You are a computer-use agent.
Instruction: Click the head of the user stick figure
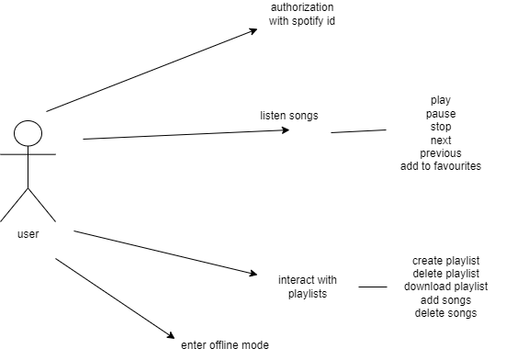pyautogui.click(x=28, y=134)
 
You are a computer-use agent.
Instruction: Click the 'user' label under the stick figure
pyautogui.click(x=28, y=234)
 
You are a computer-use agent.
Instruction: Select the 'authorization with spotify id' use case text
pyautogui.click(x=302, y=14)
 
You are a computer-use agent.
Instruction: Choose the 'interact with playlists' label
pyautogui.click(x=308, y=286)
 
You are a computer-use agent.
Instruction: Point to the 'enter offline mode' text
pyautogui.click(x=225, y=343)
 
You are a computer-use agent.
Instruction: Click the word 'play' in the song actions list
pyautogui.click(x=441, y=100)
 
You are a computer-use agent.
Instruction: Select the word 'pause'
pyautogui.click(x=441, y=114)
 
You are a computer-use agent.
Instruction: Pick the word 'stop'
pyautogui.click(x=441, y=127)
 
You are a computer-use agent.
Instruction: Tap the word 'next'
pyautogui.click(x=441, y=140)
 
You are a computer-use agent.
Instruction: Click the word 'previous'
pyautogui.click(x=441, y=153)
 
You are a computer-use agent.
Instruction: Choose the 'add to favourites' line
pyautogui.click(x=441, y=166)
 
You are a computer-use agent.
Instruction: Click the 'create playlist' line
pyautogui.click(x=447, y=261)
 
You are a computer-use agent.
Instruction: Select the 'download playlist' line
pyautogui.click(x=447, y=287)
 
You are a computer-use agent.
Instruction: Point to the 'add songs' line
pyautogui.click(x=447, y=300)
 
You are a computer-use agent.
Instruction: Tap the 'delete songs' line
pyautogui.click(x=447, y=313)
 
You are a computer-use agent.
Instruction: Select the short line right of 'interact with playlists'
pyautogui.click(x=372, y=287)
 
